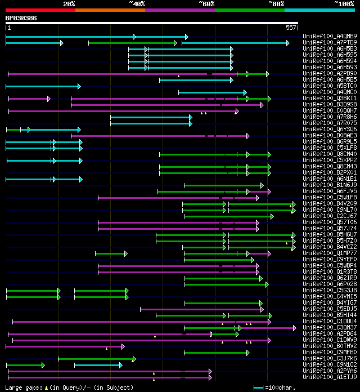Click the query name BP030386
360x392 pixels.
(x=21, y=18)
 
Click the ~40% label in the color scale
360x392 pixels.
(x=137, y=3)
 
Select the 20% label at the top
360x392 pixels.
(x=69, y=3)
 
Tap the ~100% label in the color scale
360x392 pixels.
(x=344, y=3)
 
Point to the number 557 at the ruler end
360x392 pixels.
(x=291, y=28)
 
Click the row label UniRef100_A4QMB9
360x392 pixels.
(x=330, y=37)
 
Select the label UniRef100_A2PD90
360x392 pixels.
(x=330, y=74)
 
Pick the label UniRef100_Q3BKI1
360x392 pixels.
(x=330, y=99)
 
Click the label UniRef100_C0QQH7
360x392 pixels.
(x=330, y=111)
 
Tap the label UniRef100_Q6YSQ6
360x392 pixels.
(x=330, y=130)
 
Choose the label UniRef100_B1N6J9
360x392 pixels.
(x=330, y=185)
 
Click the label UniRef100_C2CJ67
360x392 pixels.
(x=330, y=216)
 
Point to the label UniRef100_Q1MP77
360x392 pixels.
(x=330, y=253)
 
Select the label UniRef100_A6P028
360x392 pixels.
(x=330, y=284)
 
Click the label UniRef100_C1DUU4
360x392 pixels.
(x=330, y=322)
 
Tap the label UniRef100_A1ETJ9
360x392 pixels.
(x=330, y=377)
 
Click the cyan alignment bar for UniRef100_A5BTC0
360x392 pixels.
(x=43, y=86)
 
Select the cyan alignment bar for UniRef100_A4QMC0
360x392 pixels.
(x=212, y=92)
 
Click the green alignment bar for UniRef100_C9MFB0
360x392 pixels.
(x=217, y=353)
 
